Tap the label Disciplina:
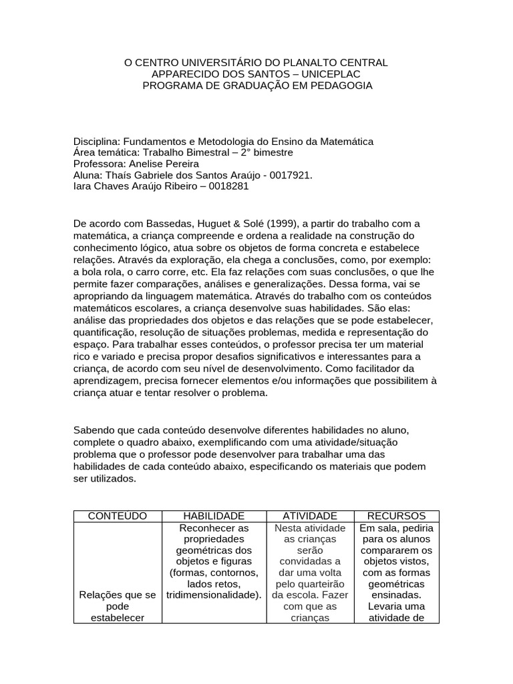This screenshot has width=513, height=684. [x=96, y=142]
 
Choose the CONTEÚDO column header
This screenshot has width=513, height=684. [x=118, y=516]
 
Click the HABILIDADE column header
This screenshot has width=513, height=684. [x=214, y=516]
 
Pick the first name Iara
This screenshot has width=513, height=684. [x=83, y=186]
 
